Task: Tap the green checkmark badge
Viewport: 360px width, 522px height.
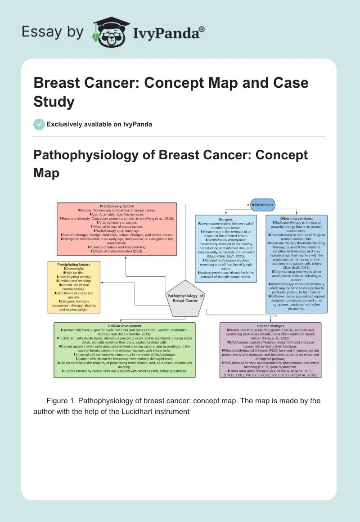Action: click(39, 124)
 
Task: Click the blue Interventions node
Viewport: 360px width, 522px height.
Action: click(263, 205)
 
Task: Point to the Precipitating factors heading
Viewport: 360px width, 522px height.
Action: click(74, 265)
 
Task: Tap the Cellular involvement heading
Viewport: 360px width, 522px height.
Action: click(125, 326)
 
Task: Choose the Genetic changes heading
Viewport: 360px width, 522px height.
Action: click(270, 326)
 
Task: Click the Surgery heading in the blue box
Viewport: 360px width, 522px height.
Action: click(225, 219)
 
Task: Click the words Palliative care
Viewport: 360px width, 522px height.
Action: click(282, 297)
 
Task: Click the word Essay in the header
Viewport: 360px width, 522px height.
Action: click(41, 32)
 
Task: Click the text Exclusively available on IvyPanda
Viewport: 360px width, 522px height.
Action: click(99, 124)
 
